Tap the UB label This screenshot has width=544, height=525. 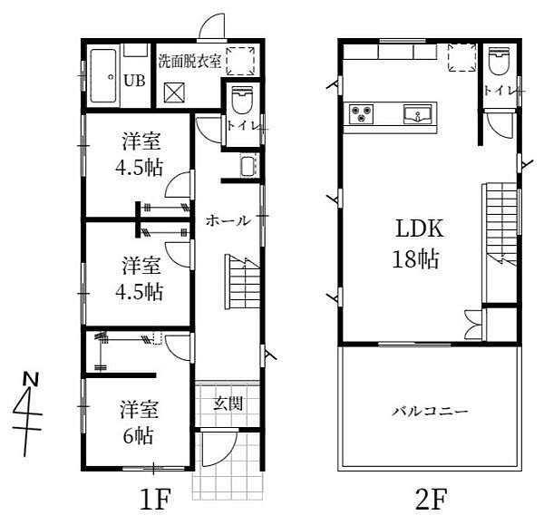[133, 80]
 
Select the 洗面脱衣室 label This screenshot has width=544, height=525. [189, 63]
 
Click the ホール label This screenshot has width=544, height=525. [227, 219]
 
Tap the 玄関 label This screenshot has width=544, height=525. [227, 403]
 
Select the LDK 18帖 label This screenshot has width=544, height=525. [416, 244]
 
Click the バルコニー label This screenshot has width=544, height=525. [429, 411]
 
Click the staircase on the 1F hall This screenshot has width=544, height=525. [241, 283]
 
